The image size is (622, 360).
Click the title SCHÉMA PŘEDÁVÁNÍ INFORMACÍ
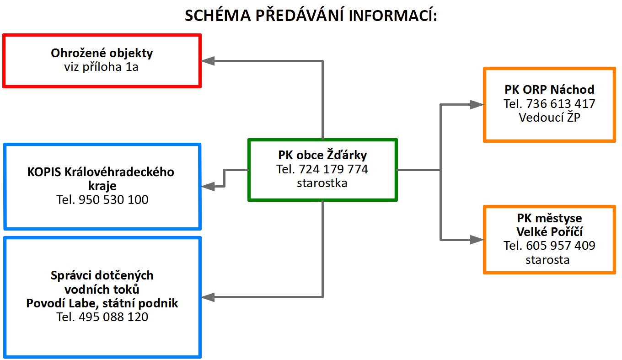click(311, 15)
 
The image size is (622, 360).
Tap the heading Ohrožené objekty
click(102, 53)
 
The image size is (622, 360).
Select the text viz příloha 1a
click(101, 67)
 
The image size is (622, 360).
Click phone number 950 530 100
click(113, 200)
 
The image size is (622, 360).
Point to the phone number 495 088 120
click(113, 317)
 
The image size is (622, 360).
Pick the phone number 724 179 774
click(333, 169)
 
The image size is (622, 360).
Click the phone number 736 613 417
click(560, 104)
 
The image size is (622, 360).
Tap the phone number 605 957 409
click(560, 246)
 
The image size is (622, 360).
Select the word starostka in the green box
click(322, 183)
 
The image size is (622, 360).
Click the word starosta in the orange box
click(547, 260)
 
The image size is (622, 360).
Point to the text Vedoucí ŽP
click(550, 118)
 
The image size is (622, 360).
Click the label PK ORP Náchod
click(550, 90)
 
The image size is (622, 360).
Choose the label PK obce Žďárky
click(322, 155)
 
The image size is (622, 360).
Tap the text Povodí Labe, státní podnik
click(102, 303)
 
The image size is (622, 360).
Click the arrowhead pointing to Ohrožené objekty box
click(208, 61)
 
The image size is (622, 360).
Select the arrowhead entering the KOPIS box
click(208, 186)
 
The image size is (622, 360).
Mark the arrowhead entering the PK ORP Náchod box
click(477, 105)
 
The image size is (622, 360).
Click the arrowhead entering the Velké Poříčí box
click(477, 240)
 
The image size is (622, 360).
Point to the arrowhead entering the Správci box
click(208, 297)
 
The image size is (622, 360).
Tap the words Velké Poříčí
click(550, 231)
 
